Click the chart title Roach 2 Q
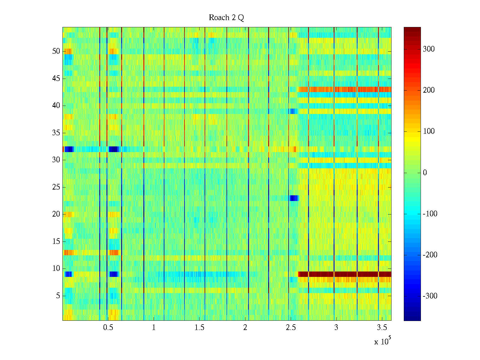(x=226, y=18)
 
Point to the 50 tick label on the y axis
(x=56, y=51)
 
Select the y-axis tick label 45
(x=56, y=79)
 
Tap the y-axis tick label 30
(x=56, y=160)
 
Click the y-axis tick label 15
(x=56, y=241)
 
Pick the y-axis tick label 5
(x=58, y=296)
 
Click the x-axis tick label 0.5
(x=108, y=328)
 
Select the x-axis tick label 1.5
(x=199, y=328)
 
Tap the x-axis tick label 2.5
(x=291, y=328)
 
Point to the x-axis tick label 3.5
(x=382, y=328)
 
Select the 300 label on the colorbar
(x=429, y=49)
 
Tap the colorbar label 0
(x=425, y=173)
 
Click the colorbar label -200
(x=430, y=255)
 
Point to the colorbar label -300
(x=430, y=296)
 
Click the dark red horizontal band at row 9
(x=345, y=274)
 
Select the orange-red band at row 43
(x=345, y=89)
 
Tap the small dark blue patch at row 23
(x=294, y=198)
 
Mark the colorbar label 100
(x=429, y=131)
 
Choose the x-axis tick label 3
(x=336, y=328)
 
